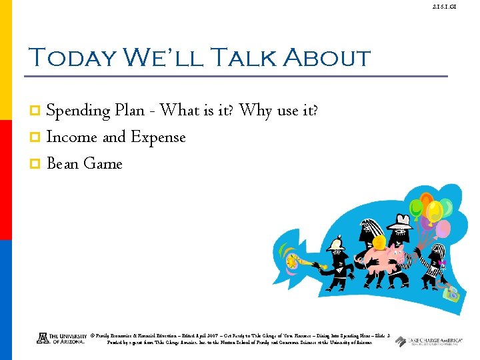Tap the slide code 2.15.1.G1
(x=461, y=7)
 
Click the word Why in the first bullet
(x=256, y=110)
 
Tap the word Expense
(x=158, y=137)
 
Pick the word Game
(x=103, y=164)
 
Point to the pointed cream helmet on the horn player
(x=335, y=245)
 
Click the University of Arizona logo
(x=61, y=338)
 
